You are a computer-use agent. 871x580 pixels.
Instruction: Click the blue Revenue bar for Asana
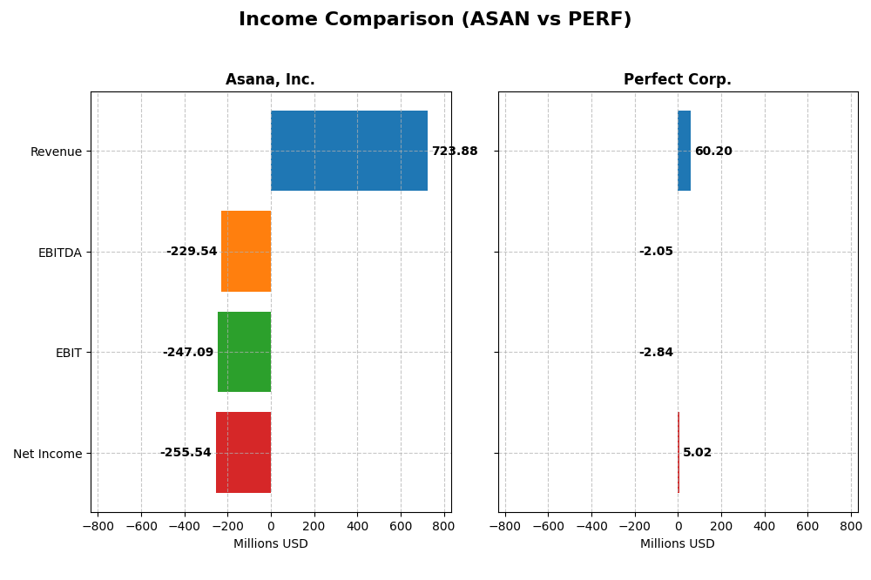[x=348, y=151]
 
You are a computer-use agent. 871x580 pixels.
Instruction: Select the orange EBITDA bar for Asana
[x=246, y=252]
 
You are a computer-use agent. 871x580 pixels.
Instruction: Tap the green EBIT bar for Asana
[x=244, y=352]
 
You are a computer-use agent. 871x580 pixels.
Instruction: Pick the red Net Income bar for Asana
[x=243, y=453]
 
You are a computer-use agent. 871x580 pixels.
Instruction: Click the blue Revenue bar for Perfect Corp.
[x=684, y=151]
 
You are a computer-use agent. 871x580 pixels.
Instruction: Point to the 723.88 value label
[x=455, y=152]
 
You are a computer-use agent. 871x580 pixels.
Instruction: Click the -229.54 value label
[x=192, y=252]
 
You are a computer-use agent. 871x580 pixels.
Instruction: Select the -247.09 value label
[x=188, y=353]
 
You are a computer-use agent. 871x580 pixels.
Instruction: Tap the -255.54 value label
[x=186, y=453]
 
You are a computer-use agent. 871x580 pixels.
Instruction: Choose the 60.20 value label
[x=713, y=152]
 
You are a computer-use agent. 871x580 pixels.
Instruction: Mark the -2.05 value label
[x=656, y=252]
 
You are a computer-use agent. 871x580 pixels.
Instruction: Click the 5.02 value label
[x=697, y=453]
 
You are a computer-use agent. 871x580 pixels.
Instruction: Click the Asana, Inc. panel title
[x=270, y=80]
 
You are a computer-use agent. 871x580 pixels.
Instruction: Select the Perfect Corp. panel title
[x=678, y=80]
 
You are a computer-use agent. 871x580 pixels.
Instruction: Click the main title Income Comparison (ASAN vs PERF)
[x=435, y=20]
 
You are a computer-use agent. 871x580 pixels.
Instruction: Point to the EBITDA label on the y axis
[x=60, y=253]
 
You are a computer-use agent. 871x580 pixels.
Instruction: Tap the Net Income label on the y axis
[x=48, y=454]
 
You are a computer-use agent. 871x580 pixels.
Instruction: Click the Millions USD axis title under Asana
[x=270, y=544]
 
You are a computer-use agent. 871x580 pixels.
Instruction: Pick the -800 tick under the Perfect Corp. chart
[x=505, y=526]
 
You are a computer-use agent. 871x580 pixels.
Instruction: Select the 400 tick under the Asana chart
[x=357, y=526]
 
